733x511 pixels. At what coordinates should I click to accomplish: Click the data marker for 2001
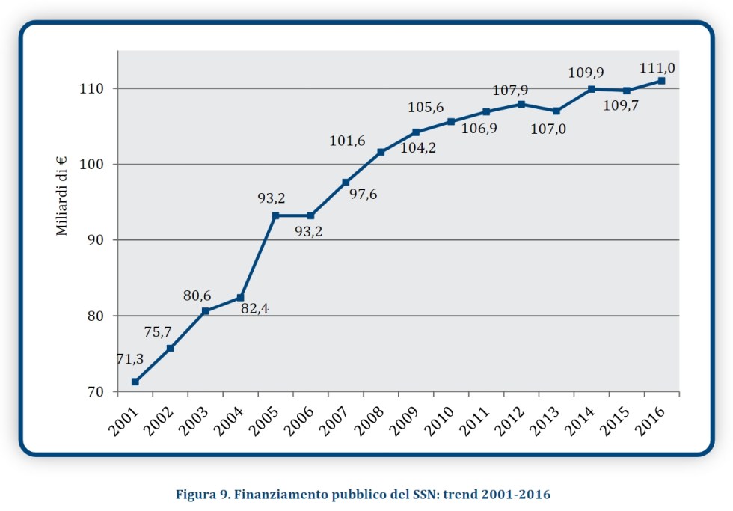[135, 382]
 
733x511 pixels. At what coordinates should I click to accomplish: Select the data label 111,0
[657, 68]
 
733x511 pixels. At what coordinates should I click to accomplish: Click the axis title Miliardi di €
[62, 195]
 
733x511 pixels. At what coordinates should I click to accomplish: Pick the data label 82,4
[254, 309]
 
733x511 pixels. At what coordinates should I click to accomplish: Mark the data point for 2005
[275, 215]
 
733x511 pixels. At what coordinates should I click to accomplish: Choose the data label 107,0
[548, 129]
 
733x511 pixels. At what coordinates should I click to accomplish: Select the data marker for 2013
[556, 111]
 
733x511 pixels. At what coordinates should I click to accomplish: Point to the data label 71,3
[130, 359]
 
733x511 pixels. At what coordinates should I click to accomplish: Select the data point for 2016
[661, 81]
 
